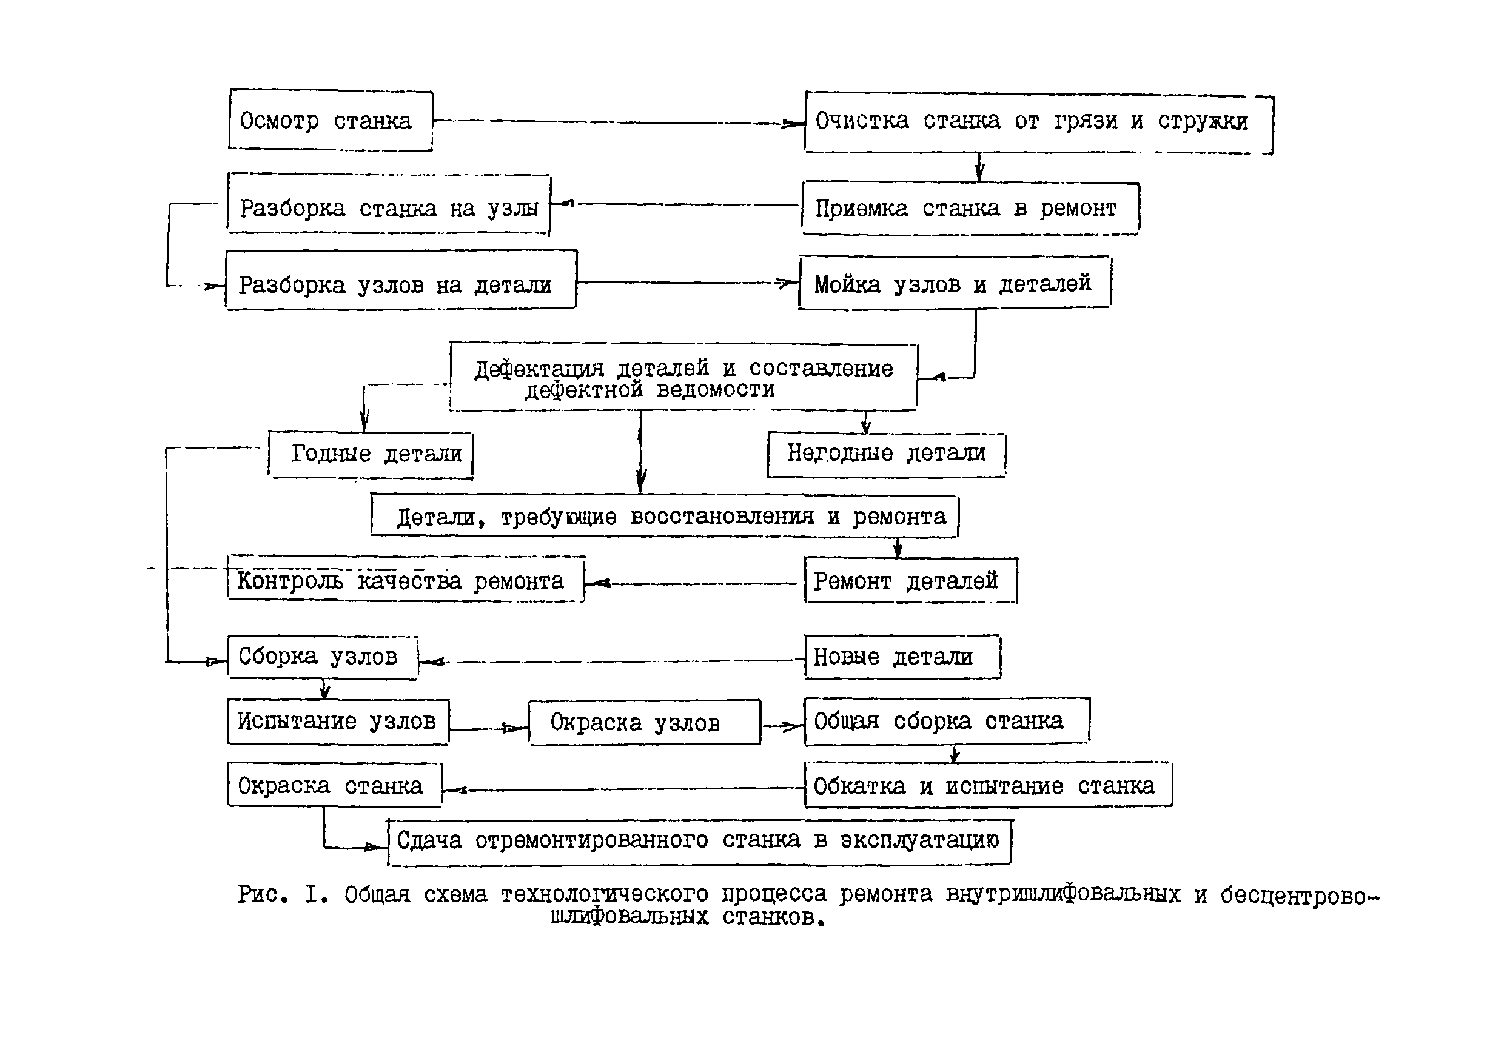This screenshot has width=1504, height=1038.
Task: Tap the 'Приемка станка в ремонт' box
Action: tap(970, 208)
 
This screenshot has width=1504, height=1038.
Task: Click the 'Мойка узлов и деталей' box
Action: tap(955, 283)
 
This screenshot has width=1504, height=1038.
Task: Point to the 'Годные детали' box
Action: tap(371, 455)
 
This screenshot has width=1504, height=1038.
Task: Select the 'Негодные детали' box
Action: tap(886, 454)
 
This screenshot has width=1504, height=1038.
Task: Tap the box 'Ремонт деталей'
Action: tap(910, 580)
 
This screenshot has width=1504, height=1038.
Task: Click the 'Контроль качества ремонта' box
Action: tap(406, 580)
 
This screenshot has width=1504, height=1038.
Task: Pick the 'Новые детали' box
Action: tap(902, 657)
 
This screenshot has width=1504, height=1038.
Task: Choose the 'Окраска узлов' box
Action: tap(644, 722)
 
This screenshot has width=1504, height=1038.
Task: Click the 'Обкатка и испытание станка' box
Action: tap(987, 785)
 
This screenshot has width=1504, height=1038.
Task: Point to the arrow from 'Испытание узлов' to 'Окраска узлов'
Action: tap(488, 728)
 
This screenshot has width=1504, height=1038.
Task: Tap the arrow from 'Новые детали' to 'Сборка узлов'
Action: tap(611, 661)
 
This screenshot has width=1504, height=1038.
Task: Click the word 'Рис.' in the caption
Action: tap(262, 894)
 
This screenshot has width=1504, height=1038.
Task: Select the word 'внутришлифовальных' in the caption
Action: tap(1063, 894)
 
